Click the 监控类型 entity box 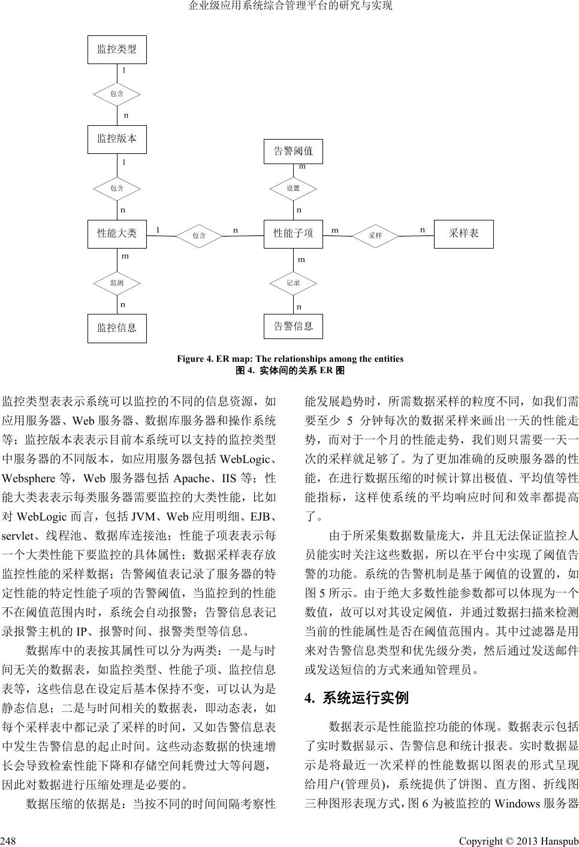117,49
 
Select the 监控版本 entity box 117,139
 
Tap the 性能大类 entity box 117,233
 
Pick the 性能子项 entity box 293,233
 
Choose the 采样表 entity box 463,233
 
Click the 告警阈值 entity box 293,151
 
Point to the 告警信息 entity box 293,326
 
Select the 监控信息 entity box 117,328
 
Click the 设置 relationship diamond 293,188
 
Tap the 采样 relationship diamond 375,235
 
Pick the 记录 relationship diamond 293,283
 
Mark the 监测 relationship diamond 117,283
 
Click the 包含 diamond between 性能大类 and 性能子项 199,235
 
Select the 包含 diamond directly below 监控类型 117,93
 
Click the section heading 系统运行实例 366,697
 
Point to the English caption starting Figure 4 289,359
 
